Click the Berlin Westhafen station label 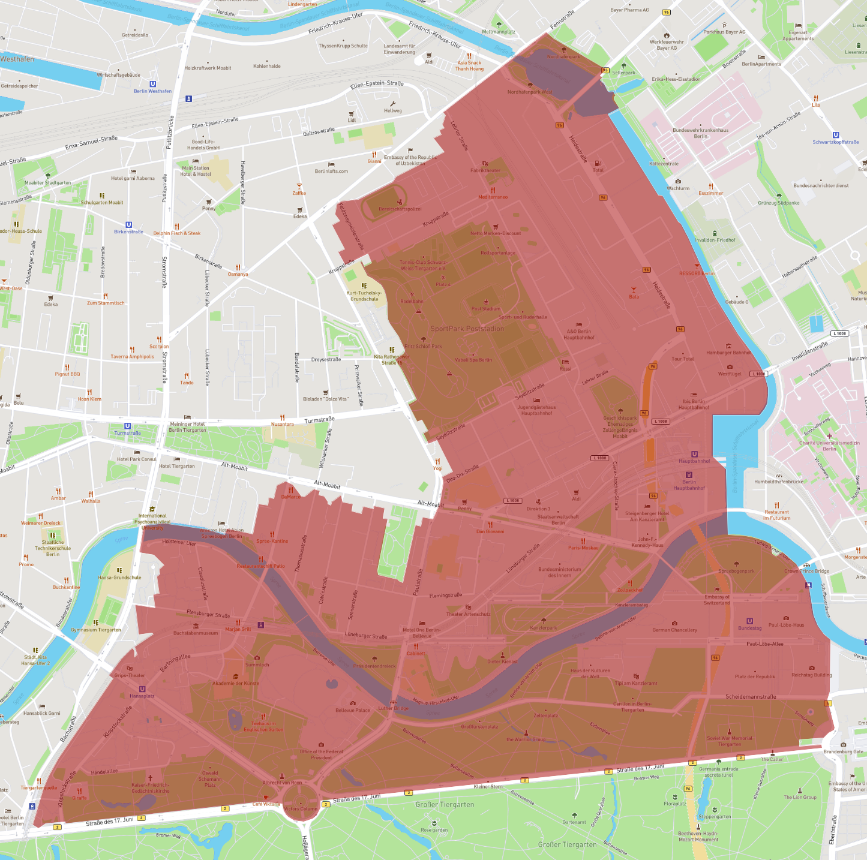[x=152, y=91]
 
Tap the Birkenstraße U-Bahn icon [x=128, y=225]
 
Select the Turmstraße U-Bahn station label [x=127, y=433]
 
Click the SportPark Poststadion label [x=467, y=329]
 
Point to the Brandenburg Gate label [x=843, y=751]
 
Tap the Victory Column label [x=301, y=808]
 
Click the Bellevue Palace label [x=353, y=710]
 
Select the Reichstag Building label [x=811, y=675]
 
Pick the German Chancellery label [x=674, y=630]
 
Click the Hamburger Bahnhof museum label [x=728, y=353]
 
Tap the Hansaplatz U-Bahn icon [x=142, y=689]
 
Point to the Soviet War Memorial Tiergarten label [x=729, y=741]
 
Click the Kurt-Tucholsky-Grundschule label [x=364, y=296]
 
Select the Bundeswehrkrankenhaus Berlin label [x=700, y=133]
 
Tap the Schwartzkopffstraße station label [x=835, y=142]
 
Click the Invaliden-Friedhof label [x=715, y=240]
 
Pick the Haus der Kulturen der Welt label [x=590, y=673]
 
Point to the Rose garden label [x=434, y=830]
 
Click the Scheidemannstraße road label [x=750, y=696]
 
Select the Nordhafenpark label [x=563, y=56]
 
